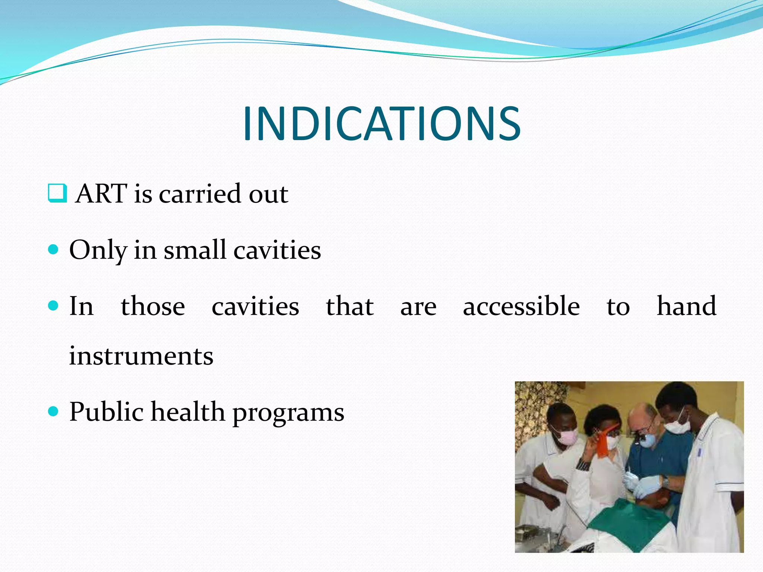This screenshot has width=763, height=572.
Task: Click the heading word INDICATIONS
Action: click(381, 124)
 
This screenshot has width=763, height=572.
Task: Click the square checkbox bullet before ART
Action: click(57, 193)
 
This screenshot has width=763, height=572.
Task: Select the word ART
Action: click(101, 194)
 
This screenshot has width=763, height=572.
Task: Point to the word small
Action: click(195, 250)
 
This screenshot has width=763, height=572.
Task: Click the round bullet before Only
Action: click(54, 250)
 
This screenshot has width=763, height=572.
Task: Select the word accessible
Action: click(521, 306)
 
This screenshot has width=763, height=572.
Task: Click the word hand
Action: click(686, 306)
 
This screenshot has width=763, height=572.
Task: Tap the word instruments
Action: click(141, 356)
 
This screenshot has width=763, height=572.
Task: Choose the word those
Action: click(153, 306)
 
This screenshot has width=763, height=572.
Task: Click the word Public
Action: click(106, 412)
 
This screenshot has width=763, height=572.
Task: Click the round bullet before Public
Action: click(54, 411)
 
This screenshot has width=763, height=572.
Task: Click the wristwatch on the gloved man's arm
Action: click(665, 482)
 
